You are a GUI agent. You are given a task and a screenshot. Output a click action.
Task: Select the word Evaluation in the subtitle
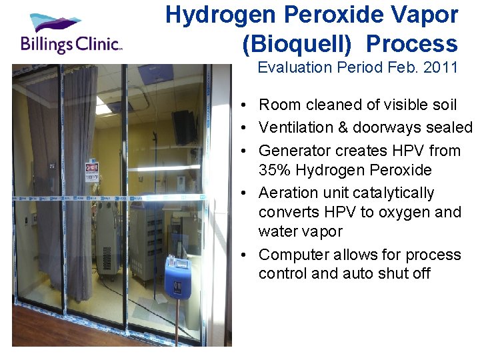click(291, 67)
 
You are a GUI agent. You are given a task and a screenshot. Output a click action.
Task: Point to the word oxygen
click(405, 213)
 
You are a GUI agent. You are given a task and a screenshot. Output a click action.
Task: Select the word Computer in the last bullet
click(291, 255)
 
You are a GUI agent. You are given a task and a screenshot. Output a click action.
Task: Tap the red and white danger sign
click(92, 171)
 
